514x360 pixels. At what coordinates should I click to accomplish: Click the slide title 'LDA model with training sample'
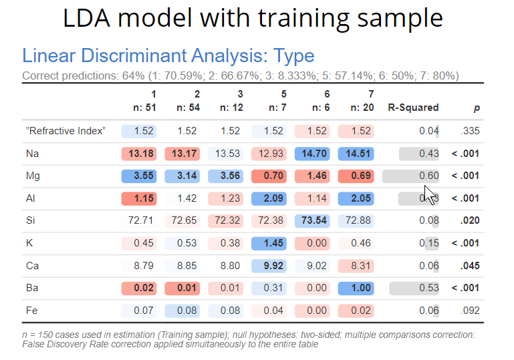[x=253, y=18]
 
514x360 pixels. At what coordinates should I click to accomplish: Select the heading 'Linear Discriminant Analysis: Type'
[x=168, y=55]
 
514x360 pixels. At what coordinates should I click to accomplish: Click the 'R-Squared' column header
[x=413, y=107]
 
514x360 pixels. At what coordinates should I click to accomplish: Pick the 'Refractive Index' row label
[x=66, y=131]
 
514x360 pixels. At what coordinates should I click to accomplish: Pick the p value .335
[x=470, y=131]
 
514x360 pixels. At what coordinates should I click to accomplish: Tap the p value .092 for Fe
[x=470, y=311]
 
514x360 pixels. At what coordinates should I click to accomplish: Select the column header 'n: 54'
[x=188, y=107]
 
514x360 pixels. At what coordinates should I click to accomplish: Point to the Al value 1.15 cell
[x=140, y=198]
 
